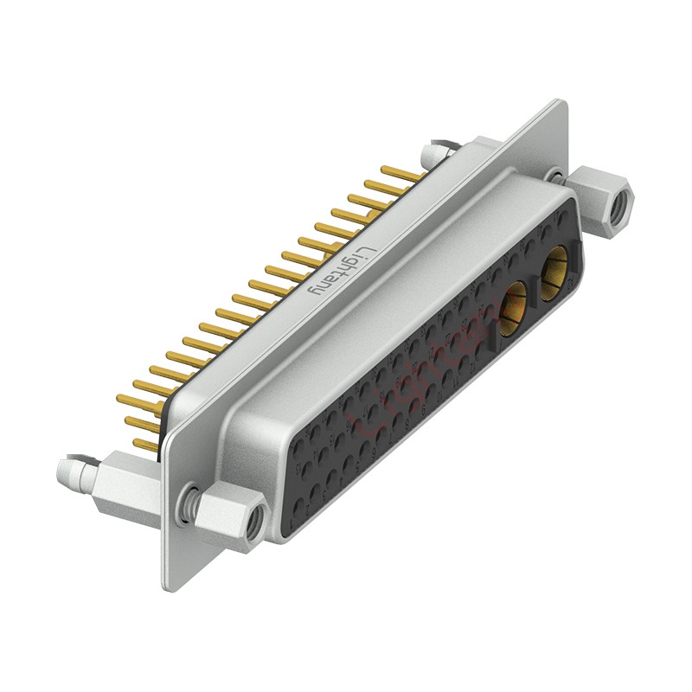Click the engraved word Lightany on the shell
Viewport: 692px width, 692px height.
[343, 271]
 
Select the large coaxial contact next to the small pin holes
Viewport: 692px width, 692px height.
[514, 306]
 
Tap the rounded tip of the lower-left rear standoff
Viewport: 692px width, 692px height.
[64, 471]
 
